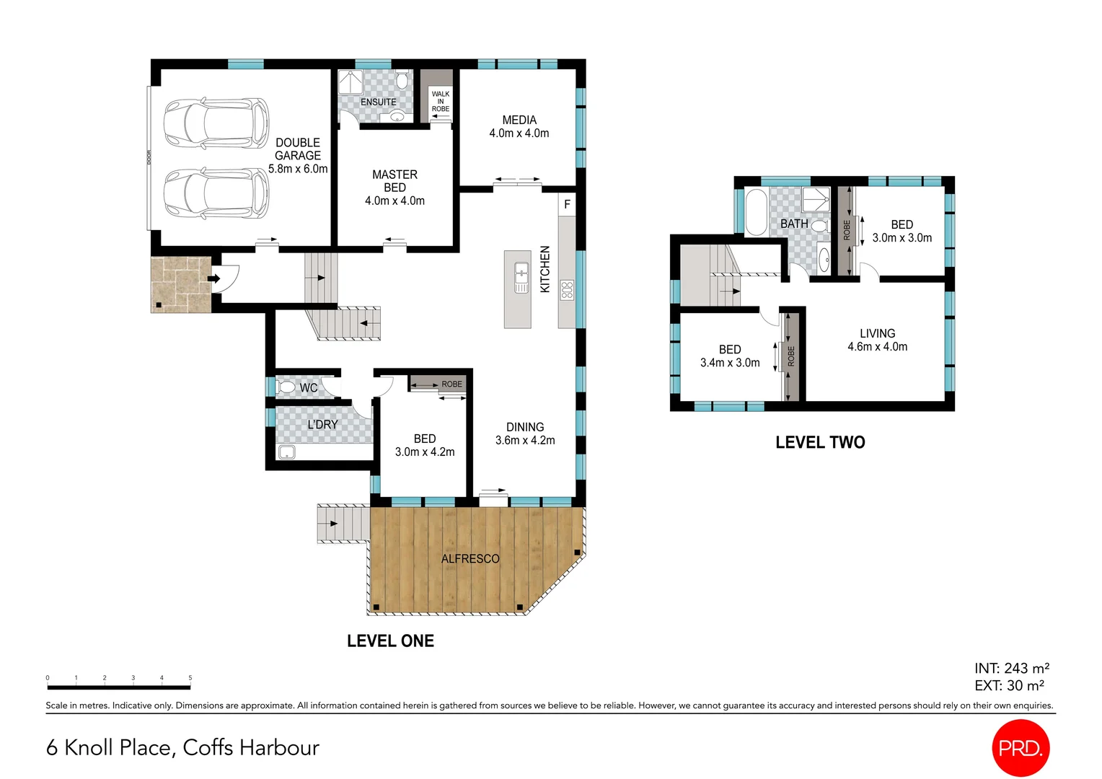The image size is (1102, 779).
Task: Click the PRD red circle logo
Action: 1020,748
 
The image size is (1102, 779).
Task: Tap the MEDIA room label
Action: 519,120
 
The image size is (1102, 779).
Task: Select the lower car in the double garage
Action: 216,193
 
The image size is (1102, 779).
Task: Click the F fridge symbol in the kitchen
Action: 567,204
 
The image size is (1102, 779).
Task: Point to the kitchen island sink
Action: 521,278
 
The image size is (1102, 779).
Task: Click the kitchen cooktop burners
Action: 567,290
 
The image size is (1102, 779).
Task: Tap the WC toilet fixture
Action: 287,387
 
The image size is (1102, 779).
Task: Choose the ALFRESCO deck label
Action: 470,559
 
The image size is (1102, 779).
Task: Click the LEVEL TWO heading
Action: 820,443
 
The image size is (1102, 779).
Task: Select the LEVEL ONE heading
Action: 390,641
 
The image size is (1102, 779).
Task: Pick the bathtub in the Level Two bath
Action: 755,212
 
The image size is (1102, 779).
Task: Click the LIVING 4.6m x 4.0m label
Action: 877,340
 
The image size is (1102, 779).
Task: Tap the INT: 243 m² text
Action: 1011,669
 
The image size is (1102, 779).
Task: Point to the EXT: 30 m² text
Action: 1009,686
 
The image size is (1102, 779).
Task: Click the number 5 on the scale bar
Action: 190,678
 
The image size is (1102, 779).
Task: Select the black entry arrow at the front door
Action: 214,278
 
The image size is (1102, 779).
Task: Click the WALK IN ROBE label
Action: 440,101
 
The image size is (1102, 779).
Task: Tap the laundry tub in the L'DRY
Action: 287,453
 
